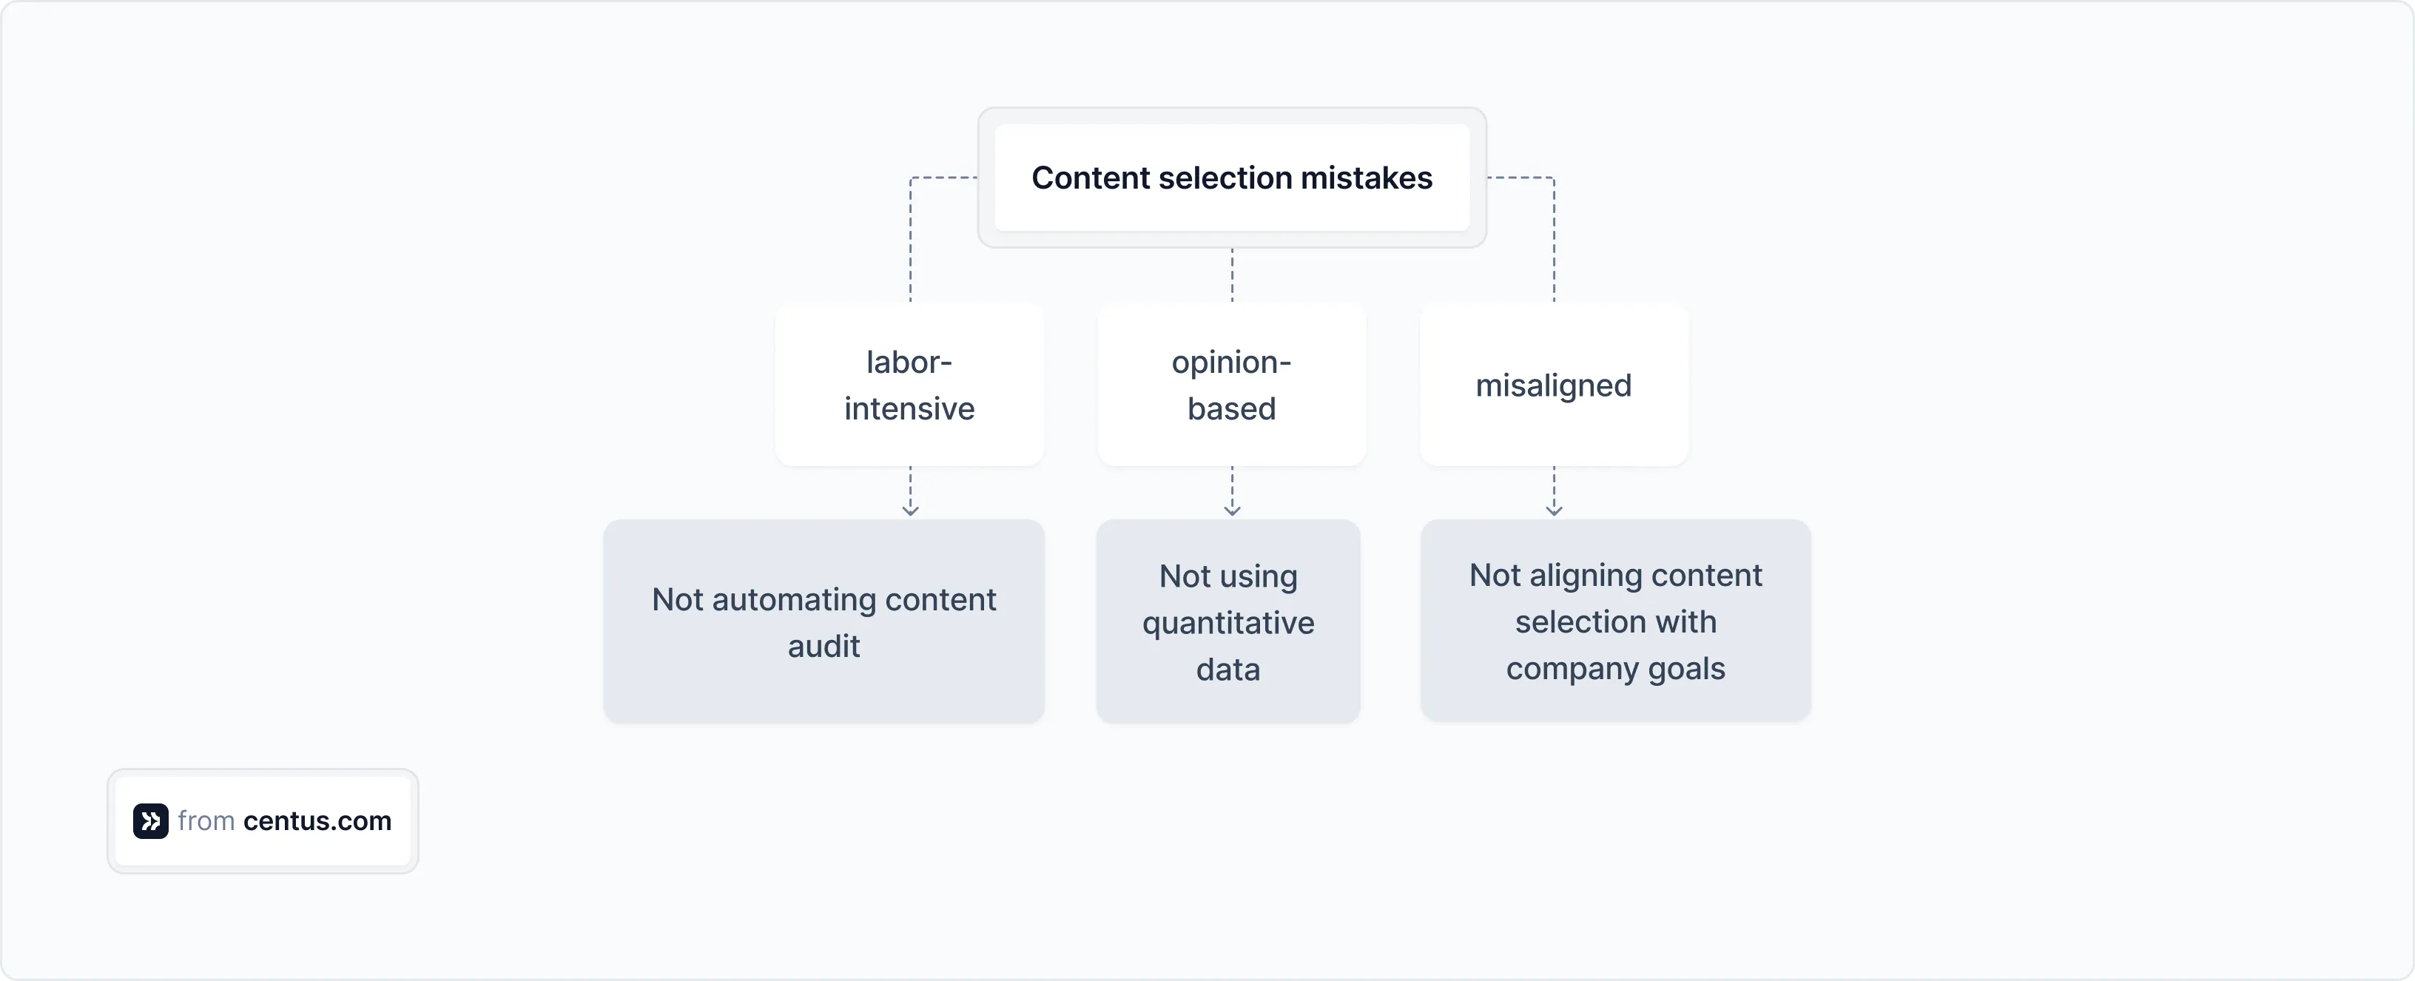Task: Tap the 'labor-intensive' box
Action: (909, 385)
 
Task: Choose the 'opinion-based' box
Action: (1231, 385)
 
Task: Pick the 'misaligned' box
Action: (1554, 385)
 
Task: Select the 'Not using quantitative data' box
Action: (1227, 621)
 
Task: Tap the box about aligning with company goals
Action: (1615, 621)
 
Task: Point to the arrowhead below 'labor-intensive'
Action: (909, 509)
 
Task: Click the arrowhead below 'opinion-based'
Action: (1232, 509)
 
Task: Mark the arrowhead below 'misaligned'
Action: (1554, 509)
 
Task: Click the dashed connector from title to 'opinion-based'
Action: (1232, 274)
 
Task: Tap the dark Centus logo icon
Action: (150, 820)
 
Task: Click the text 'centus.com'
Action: (317, 820)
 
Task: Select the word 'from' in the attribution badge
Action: (205, 820)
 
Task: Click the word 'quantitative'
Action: (1227, 623)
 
